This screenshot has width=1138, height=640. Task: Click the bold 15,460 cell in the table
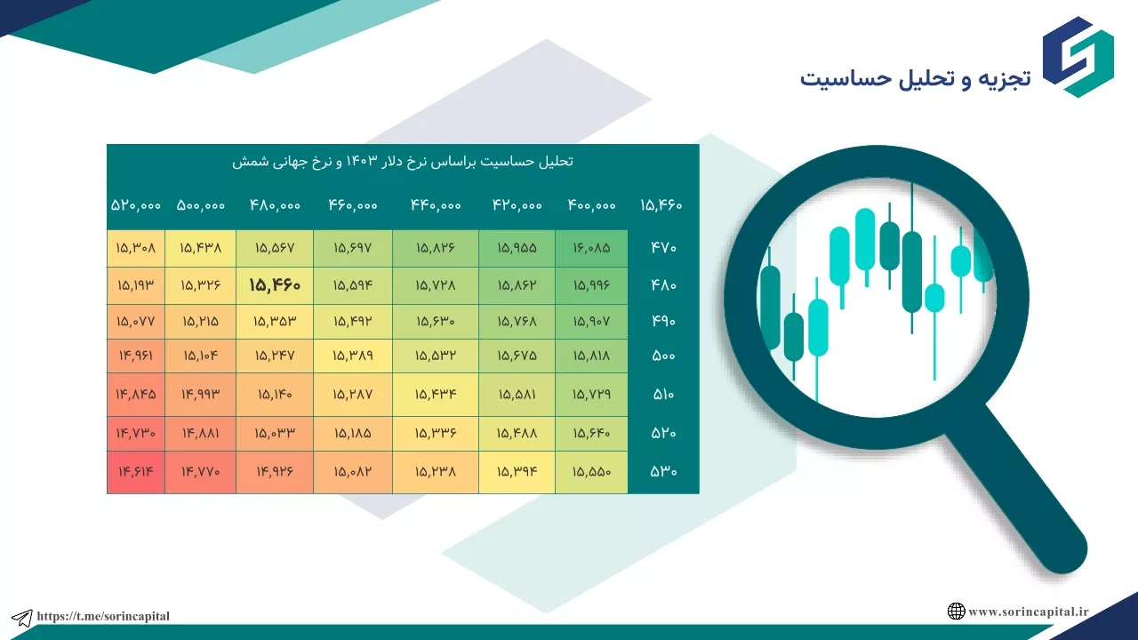click(275, 285)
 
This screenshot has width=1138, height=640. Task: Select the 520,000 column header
click(136, 205)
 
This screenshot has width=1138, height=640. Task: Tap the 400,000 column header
click(591, 205)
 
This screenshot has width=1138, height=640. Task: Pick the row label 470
click(663, 248)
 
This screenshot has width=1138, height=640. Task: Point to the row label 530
click(663, 471)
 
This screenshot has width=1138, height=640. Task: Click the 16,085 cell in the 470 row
click(591, 248)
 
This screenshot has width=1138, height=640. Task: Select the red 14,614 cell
click(136, 471)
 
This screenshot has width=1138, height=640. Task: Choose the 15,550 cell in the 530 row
click(591, 471)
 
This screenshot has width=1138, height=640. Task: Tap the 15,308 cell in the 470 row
click(136, 248)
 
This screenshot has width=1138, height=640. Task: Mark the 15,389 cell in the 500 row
click(353, 356)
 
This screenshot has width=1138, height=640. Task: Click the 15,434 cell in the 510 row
click(436, 394)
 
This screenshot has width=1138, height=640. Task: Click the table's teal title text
click(403, 162)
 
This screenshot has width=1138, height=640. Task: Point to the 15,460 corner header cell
click(661, 205)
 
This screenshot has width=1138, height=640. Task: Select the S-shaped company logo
click(1078, 57)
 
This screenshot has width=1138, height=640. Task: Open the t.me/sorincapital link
click(103, 616)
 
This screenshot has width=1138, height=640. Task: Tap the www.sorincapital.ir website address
click(1029, 612)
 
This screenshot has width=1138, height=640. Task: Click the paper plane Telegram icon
click(22, 618)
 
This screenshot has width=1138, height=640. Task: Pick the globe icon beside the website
click(956, 611)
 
